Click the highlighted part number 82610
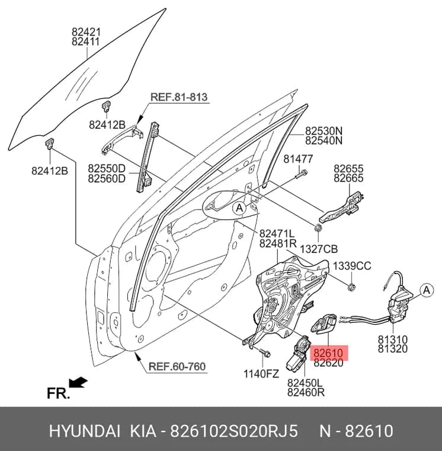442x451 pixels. [x=328, y=353]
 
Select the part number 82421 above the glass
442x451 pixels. [x=85, y=31]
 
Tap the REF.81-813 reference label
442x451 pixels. [x=179, y=97]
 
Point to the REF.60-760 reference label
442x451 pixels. [x=177, y=367]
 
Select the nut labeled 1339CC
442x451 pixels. [x=351, y=287]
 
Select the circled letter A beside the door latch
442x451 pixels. [x=427, y=291]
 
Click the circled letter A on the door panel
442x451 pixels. [x=239, y=208]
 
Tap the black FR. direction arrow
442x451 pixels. [x=78, y=382]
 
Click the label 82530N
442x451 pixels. [x=324, y=131]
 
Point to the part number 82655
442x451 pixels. [x=348, y=169]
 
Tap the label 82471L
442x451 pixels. [x=277, y=234]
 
